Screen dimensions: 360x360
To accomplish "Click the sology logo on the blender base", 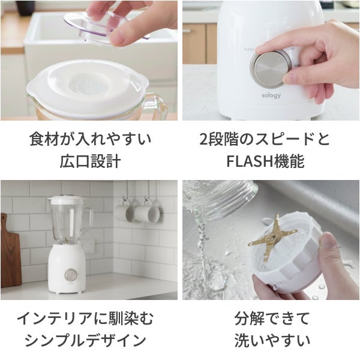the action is click(271, 95).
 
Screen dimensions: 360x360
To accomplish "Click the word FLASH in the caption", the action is click(248, 161).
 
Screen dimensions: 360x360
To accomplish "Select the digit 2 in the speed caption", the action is click(203, 139).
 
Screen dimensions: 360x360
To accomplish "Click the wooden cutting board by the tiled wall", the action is click(10, 251).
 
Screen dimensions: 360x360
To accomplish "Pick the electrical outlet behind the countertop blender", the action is click(88, 246).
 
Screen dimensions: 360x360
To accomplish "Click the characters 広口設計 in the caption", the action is click(90, 161).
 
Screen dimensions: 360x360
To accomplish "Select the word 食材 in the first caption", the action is click(44, 139).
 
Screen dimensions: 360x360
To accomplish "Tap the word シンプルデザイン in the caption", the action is click(85, 340).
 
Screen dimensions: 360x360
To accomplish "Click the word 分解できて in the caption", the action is click(272, 319).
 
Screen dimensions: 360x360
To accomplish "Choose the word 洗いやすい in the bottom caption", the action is click(272, 340).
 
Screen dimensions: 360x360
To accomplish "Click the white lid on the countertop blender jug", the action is click(67, 200).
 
